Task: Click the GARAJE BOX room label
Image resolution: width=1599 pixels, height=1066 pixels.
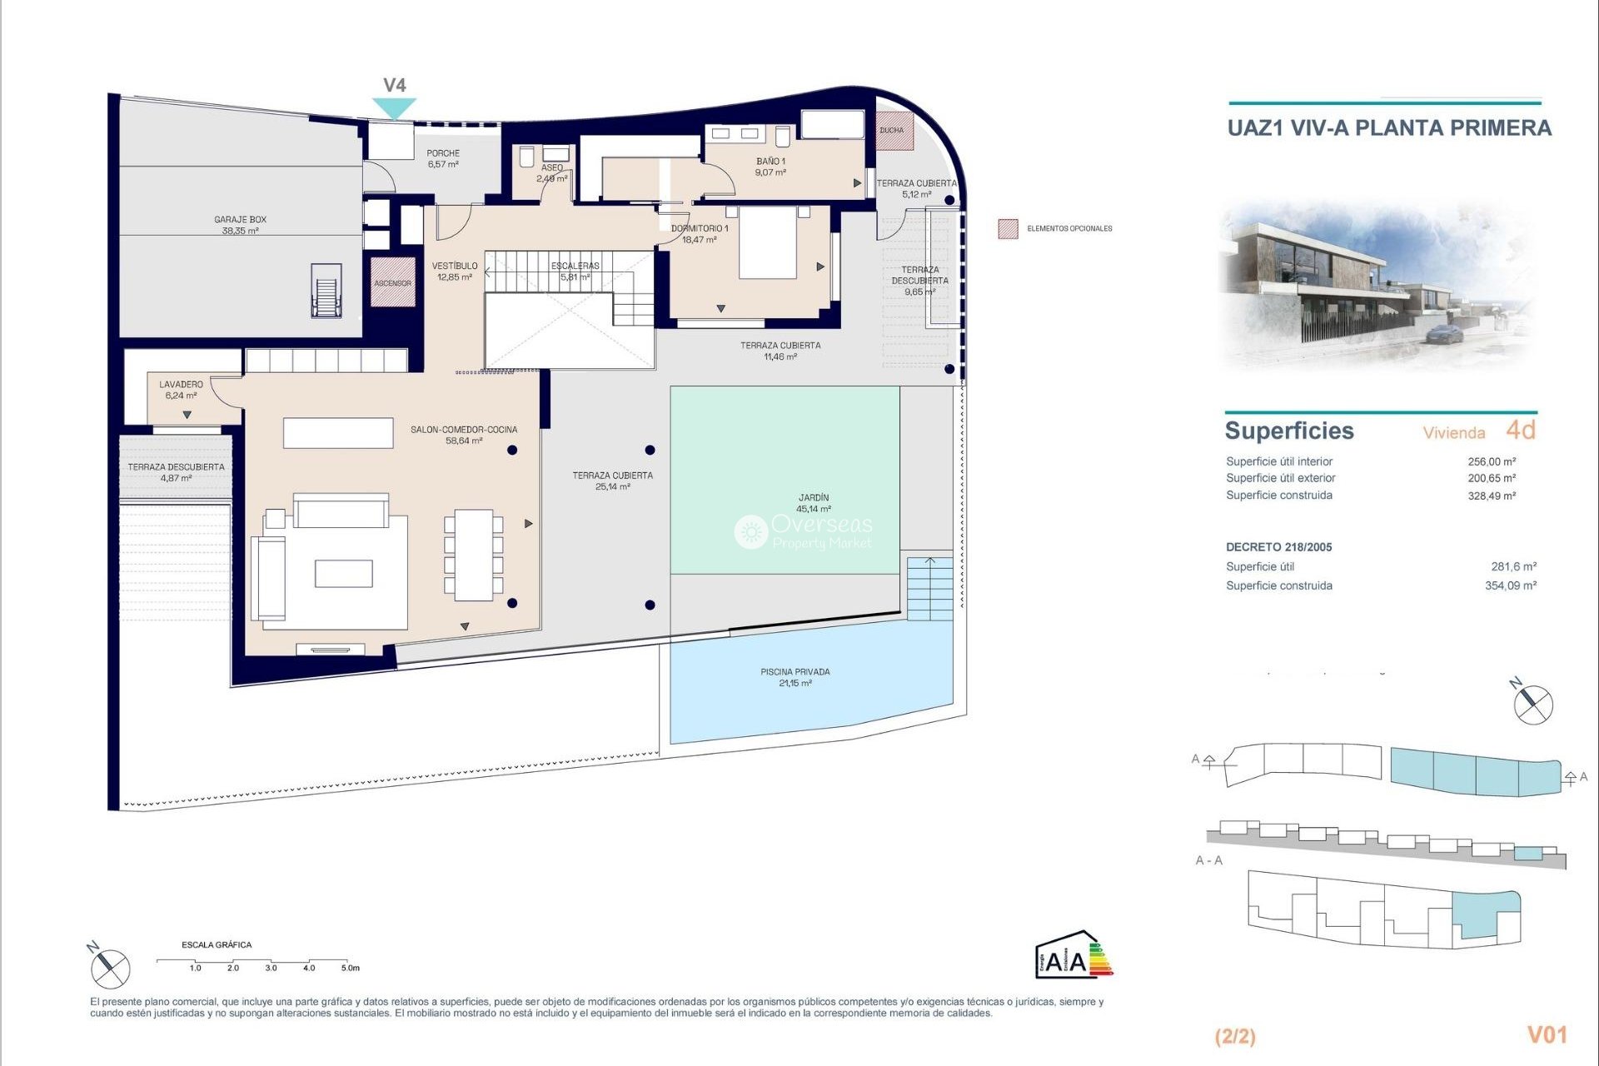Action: tap(240, 225)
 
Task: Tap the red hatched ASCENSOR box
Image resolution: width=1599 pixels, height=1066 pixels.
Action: tap(392, 282)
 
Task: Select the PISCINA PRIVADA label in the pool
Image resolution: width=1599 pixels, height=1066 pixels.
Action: tap(795, 677)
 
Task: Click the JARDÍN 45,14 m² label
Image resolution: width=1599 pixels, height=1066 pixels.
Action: tap(813, 503)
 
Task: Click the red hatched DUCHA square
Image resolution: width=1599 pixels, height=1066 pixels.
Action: tap(894, 131)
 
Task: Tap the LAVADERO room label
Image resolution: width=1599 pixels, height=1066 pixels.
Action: tap(181, 390)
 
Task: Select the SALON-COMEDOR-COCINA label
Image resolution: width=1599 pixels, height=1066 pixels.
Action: tap(463, 435)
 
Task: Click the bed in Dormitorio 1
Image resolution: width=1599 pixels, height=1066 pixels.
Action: tap(768, 242)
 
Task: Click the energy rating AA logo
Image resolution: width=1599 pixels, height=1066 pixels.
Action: tap(1073, 954)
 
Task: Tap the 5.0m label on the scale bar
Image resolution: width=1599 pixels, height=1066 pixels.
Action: tap(350, 968)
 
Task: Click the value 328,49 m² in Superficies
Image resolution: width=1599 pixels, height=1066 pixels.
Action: tap(1491, 496)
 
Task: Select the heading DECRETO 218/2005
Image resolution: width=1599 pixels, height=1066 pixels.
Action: tap(1278, 547)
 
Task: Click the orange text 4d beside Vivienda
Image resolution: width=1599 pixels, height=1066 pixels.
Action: tap(1520, 430)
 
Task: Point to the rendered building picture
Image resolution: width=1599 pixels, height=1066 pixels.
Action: tap(1378, 283)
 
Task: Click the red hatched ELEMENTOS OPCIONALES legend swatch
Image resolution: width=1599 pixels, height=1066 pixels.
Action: tap(1008, 229)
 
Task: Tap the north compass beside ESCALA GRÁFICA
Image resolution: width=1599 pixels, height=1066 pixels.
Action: tap(110, 968)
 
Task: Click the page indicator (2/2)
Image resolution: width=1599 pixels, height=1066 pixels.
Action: tap(1235, 1036)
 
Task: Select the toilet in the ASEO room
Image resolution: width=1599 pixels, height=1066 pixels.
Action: tap(526, 157)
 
